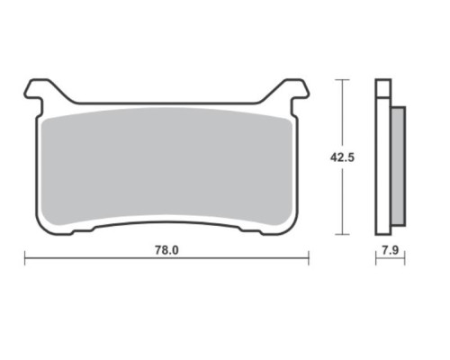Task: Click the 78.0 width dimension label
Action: coord(166,250)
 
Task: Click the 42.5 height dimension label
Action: coord(342,157)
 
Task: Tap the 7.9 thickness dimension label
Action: coord(391,250)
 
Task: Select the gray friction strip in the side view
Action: coord(399,166)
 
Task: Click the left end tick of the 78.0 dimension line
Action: coord(24,258)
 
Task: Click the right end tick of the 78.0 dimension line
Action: coord(309,258)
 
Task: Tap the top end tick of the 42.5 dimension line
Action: coord(342,80)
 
